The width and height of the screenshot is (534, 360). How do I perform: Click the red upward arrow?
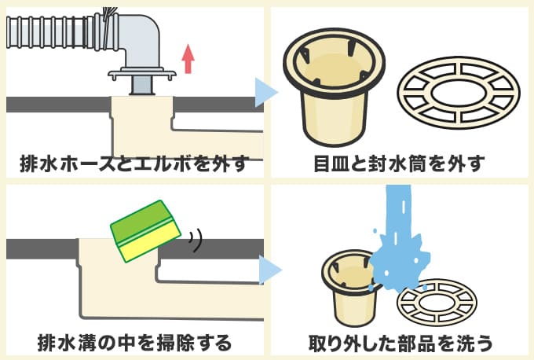click(x=187, y=59)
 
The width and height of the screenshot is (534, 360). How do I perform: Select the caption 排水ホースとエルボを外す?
click(x=133, y=164)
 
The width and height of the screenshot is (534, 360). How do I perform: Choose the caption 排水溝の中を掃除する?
click(x=134, y=343)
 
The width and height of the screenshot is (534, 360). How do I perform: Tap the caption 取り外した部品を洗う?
click(x=400, y=343)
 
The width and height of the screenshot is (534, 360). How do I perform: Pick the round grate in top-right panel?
click(x=458, y=93)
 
